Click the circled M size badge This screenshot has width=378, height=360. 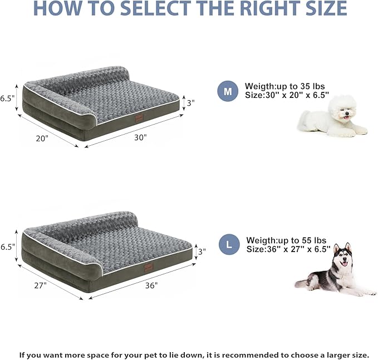(x=227, y=92)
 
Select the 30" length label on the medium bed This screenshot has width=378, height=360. (x=140, y=137)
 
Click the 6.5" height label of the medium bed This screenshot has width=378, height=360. (x=8, y=98)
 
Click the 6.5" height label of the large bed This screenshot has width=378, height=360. (x=8, y=245)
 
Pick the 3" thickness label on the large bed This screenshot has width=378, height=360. (x=202, y=251)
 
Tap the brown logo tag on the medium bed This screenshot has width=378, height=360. (x=138, y=117)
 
